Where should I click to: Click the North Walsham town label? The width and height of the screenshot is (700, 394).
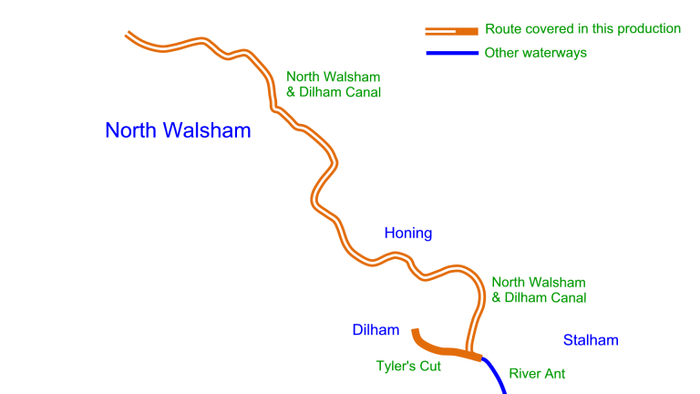[x=178, y=130]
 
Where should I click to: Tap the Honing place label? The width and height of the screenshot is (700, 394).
[x=407, y=233]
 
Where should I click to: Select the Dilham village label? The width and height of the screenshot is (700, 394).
[x=376, y=330]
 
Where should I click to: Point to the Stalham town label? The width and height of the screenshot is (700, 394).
[x=591, y=340]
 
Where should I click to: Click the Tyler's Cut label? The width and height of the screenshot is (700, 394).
[x=408, y=367]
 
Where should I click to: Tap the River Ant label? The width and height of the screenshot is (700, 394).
[x=537, y=373]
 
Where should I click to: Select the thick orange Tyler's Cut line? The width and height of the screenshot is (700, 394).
[x=437, y=348]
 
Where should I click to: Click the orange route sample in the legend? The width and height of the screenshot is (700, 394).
[x=451, y=31]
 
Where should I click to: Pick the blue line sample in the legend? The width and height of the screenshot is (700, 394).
[x=451, y=53]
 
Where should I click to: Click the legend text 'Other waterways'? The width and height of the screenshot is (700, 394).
[x=536, y=53]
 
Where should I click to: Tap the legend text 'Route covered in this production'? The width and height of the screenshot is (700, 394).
[x=582, y=29]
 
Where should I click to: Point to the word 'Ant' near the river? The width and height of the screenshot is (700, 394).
[x=554, y=373]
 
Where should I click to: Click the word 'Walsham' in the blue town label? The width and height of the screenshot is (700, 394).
[x=211, y=130]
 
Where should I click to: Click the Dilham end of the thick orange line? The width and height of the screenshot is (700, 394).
[x=415, y=331]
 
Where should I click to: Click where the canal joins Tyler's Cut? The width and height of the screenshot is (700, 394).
[x=470, y=352]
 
